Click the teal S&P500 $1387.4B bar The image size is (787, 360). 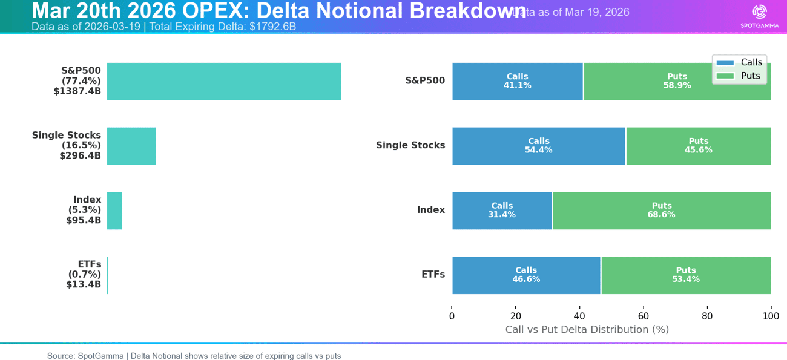(x=224, y=82)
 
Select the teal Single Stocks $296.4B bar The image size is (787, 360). (x=131, y=146)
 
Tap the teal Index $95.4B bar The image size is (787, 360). (x=114, y=211)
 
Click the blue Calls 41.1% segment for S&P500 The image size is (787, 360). (x=517, y=82)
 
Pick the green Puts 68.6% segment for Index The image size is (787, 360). (x=661, y=211)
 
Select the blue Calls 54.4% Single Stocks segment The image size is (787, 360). (x=538, y=146)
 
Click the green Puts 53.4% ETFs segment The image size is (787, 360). (x=685, y=275)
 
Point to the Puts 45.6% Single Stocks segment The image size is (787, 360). (x=698, y=146)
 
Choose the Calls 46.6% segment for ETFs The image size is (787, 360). (x=526, y=275)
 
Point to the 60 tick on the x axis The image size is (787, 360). (x=643, y=316)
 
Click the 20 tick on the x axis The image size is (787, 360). (x=516, y=316)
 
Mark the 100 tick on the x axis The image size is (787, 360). (x=770, y=316)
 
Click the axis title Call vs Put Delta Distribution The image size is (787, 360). (x=587, y=330)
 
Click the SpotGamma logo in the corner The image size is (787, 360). (x=759, y=16)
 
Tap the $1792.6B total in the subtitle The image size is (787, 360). (x=272, y=27)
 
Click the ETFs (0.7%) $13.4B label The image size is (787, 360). (x=84, y=274)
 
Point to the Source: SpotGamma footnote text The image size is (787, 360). (x=194, y=356)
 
